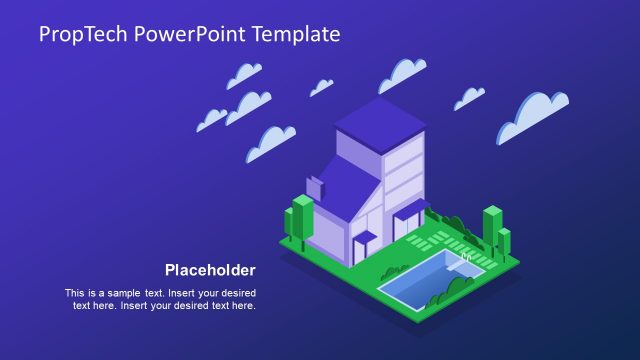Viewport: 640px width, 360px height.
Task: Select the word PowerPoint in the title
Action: (194, 34)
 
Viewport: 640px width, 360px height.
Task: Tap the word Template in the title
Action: (297, 34)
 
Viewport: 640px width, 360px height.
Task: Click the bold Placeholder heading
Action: (210, 270)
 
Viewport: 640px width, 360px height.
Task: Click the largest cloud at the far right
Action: (533, 115)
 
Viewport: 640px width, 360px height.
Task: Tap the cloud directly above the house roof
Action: (402, 73)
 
